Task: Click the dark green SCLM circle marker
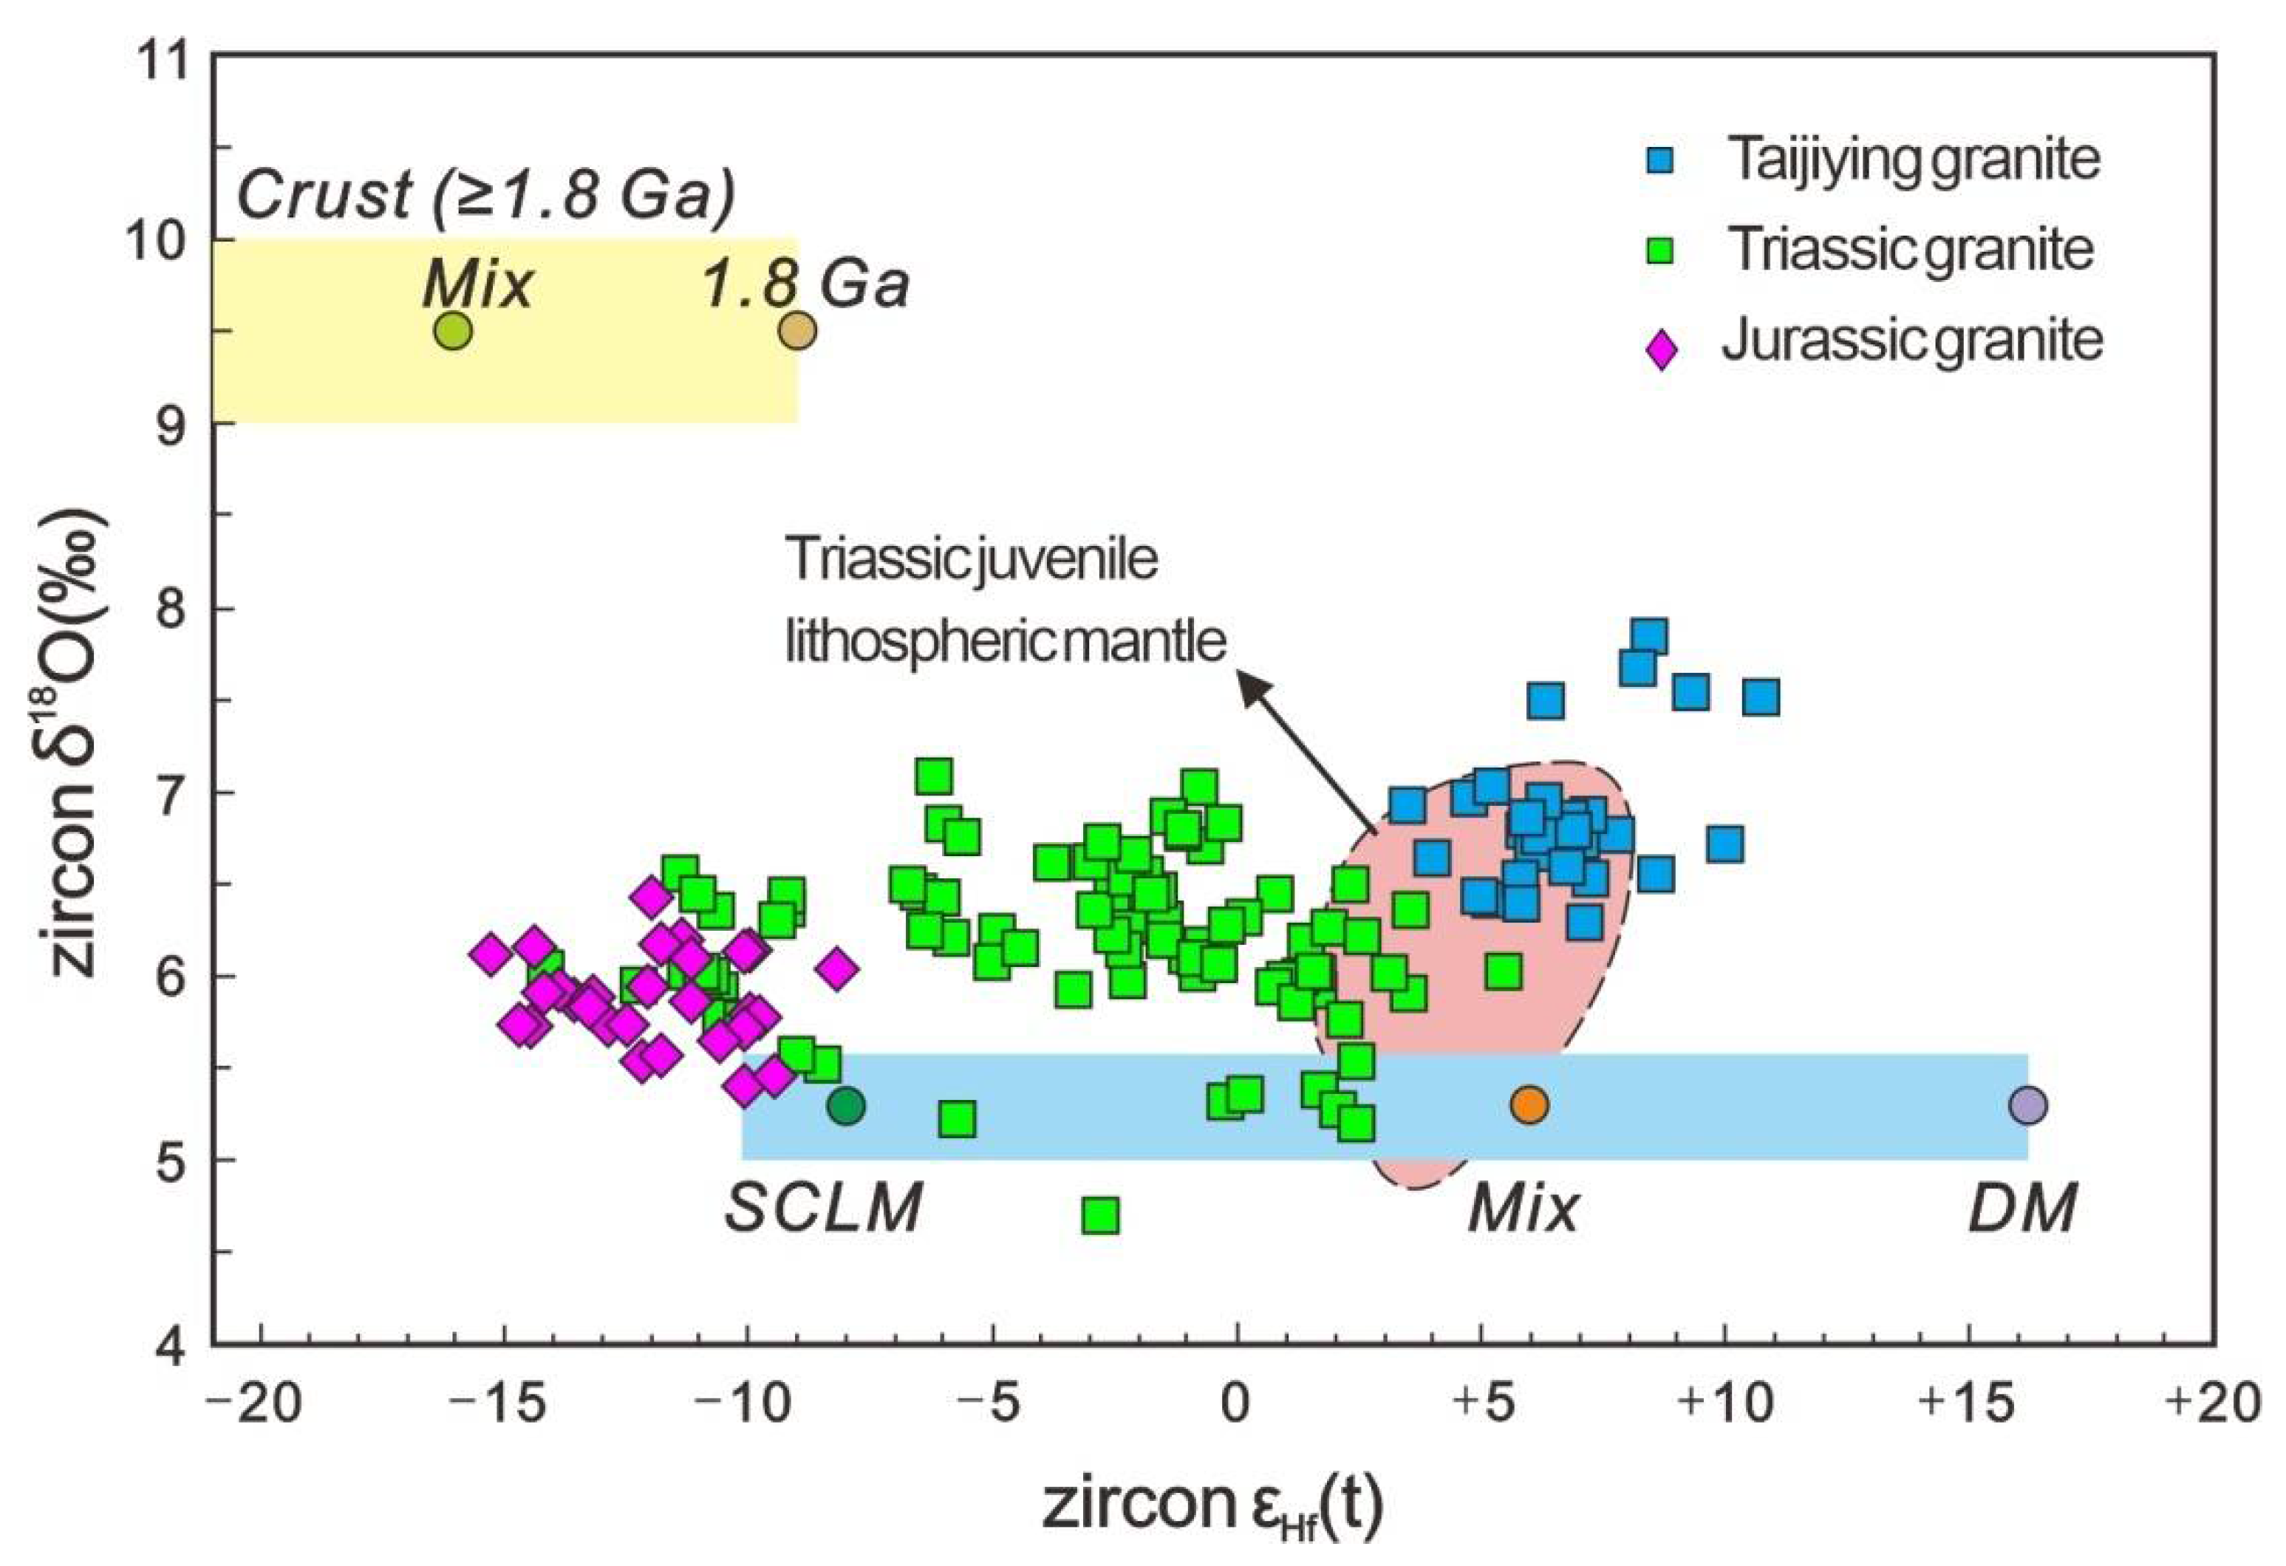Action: (x=845, y=1106)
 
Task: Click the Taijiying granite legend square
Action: (x=1660, y=161)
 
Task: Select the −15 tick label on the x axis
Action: (x=502, y=1403)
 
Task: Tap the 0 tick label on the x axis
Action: (x=1235, y=1403)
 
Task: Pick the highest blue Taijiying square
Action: (x=1648, y=637)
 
